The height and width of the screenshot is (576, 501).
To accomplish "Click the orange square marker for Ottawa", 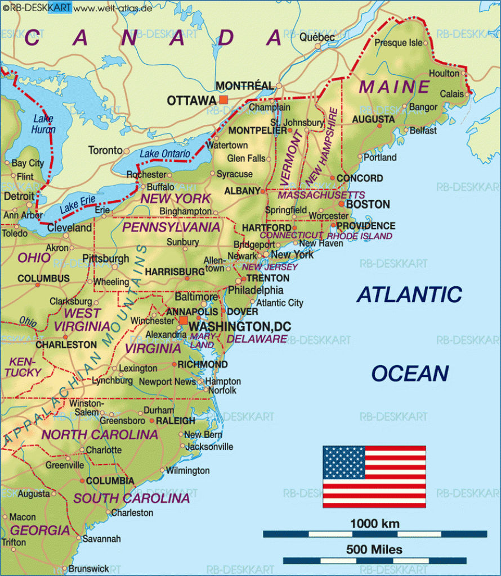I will click(224, 100).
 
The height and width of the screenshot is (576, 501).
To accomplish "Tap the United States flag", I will click(374, 476).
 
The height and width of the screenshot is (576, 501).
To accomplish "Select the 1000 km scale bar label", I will click(374, 524).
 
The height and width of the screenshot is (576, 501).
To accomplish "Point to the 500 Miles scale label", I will click(374, 550).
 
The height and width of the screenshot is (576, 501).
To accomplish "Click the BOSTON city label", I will click(368, 204).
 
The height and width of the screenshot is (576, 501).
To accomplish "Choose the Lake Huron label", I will click(44, 124).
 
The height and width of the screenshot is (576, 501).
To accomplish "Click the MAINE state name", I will click(395, 87).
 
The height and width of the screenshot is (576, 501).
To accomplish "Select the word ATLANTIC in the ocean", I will click(410, 294).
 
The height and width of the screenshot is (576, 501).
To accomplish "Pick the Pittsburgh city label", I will click(106, 259).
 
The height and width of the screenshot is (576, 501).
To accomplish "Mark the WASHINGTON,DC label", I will click(230, 326).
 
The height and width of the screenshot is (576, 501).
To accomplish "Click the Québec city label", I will click(317, 37).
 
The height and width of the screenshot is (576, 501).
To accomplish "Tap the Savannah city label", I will click(101, 538).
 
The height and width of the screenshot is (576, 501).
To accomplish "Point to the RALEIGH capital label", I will click(176, 421).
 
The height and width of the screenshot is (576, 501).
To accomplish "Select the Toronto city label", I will click(105, 150).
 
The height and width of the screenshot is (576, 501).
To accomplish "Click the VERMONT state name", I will click(292, 158).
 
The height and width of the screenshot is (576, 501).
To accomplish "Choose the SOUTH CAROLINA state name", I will click(131, 498).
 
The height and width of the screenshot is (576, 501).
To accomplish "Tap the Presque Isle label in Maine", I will click(398, 43).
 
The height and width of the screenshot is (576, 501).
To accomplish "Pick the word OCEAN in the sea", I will click(410, 373).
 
